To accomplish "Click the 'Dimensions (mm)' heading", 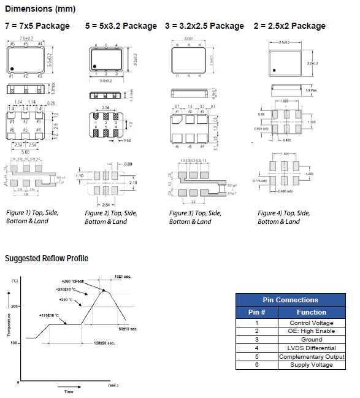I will tap(40, 9).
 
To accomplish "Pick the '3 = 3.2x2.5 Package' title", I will tap(204, 26).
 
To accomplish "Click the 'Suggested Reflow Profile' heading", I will tap(47, 258).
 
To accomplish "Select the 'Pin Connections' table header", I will tap(290, 300).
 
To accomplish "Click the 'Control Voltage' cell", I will tap(312, 323).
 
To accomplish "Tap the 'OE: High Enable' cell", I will tap(312, 331).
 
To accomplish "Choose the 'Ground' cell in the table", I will tap(312, 340).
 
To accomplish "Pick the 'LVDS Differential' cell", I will tap(312, 348).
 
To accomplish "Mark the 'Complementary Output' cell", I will tap(312, 356).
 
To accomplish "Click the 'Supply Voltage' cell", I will tap(312, 365).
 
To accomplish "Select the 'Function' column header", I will tap(312, 312).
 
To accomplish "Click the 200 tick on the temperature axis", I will tap(15, 305).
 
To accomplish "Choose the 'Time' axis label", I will tap(69, 391).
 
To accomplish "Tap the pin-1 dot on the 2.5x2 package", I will tap(275, 69).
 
